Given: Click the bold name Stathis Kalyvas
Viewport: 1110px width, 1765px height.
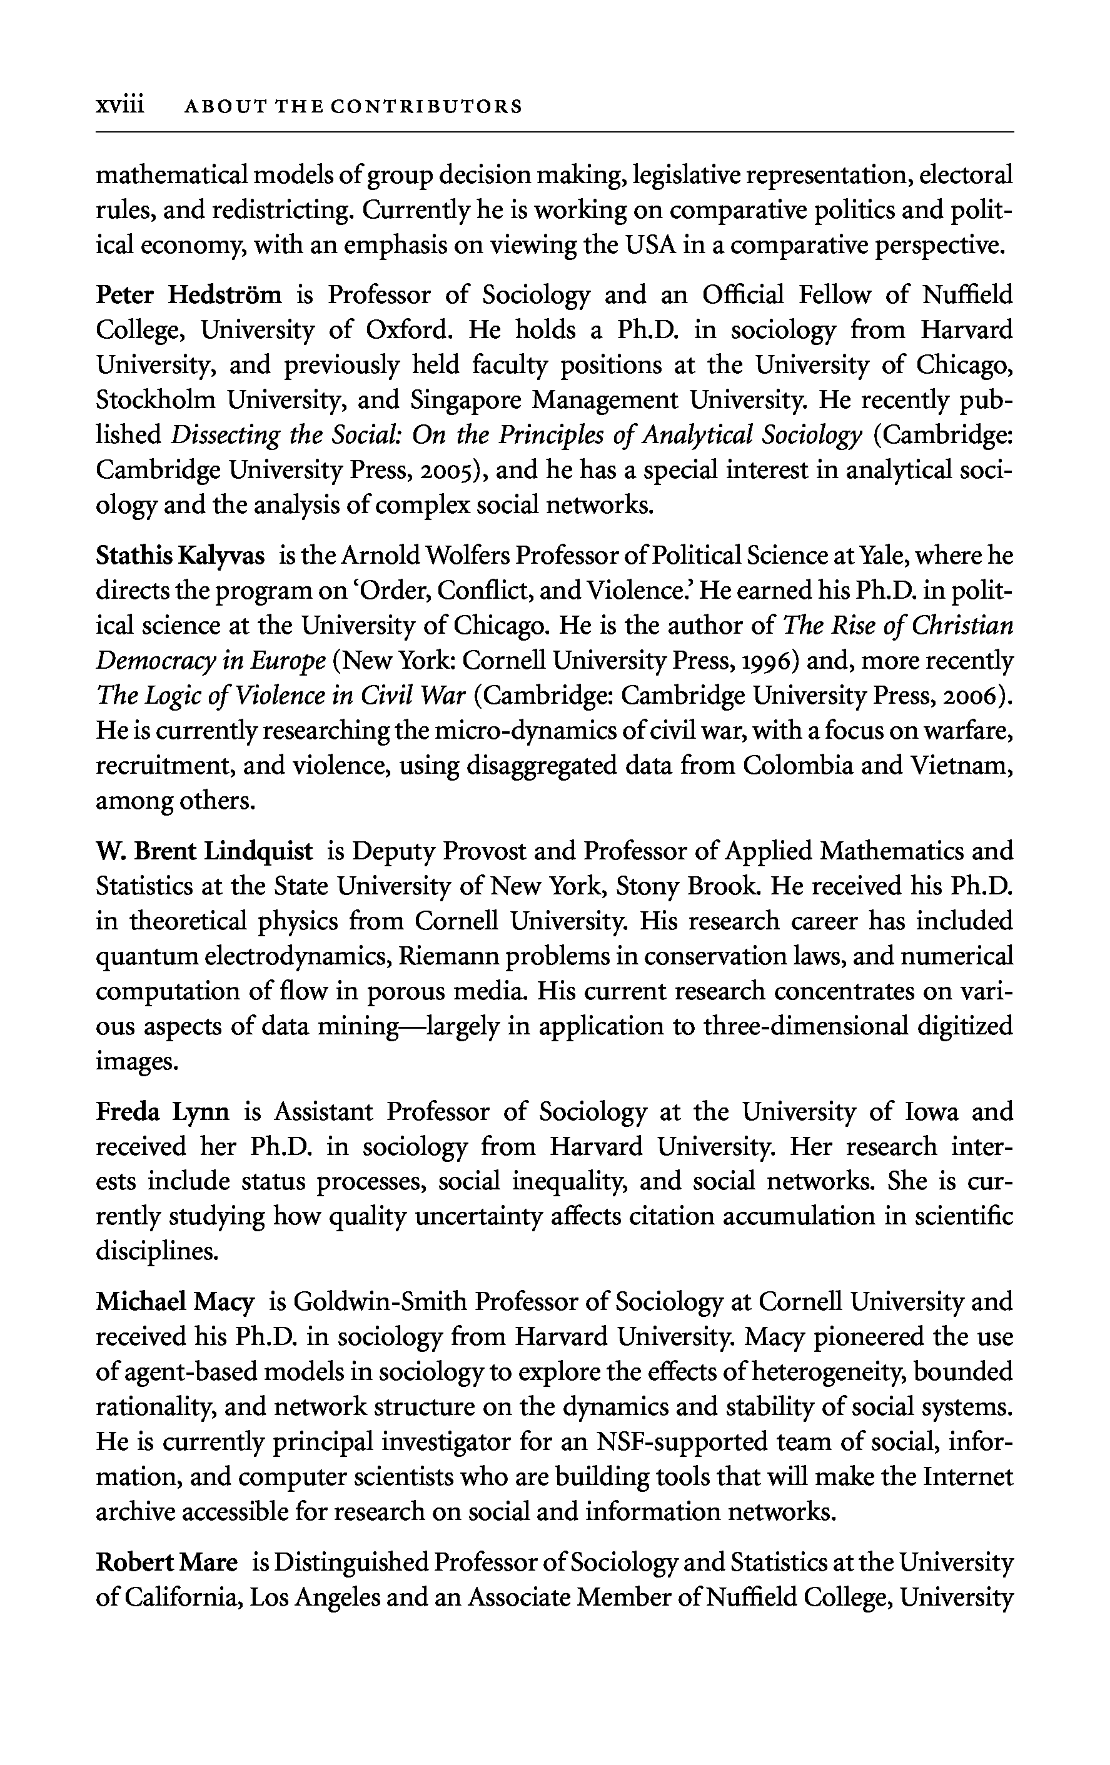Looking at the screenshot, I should click(x=179, y=556).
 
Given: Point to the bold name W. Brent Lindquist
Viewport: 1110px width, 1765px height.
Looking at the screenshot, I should click(x=204, y=852).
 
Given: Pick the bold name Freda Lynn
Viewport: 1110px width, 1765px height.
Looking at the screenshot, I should click(x=162, y=1112).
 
